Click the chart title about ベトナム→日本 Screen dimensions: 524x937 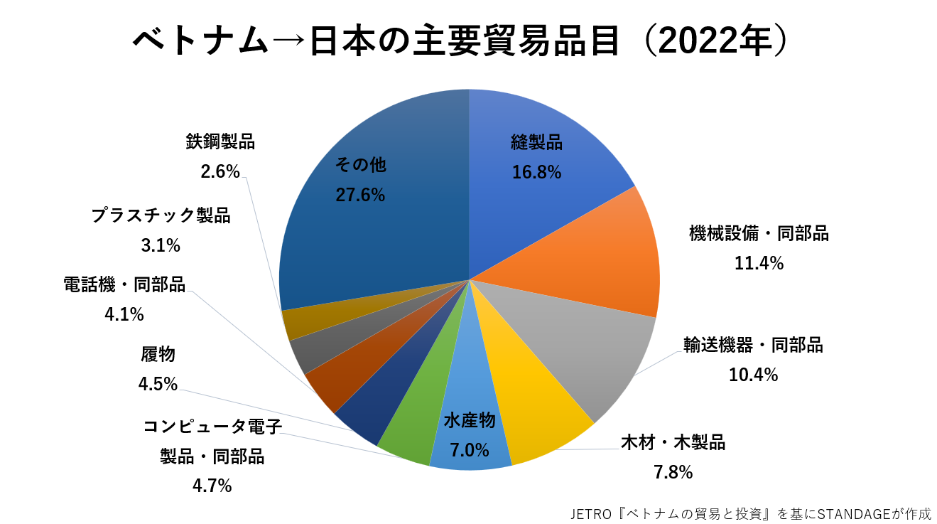[460, 41]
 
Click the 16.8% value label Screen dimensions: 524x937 [536, 172]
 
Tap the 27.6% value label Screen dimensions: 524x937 [360, 195]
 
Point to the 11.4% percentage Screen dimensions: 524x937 [759, 264]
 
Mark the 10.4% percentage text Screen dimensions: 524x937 [753, 375]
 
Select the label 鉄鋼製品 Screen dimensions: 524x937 [220, 142]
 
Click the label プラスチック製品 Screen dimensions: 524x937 [161, 216]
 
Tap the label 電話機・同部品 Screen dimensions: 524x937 [124, 285]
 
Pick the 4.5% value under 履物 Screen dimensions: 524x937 [158, 384]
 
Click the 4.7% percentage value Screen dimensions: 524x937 [212, 486]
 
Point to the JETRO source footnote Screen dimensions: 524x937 [750, 513]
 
